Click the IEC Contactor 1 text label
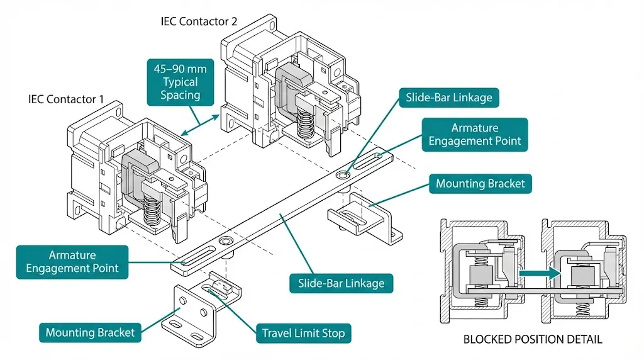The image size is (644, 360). pyautogui.click(x=66, y=99)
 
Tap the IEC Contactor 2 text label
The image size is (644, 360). pyautogui.click(x=199, y=21)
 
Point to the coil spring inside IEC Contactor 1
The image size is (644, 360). pyautogui.click(x=151, y=209)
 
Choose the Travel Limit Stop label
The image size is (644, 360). pyautogui.click(x=303, y=333)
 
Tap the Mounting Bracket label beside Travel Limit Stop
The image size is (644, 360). pyautogui.click(x=90, y=333)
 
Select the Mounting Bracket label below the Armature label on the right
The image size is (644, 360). pyautogui.click(x=480, y=184)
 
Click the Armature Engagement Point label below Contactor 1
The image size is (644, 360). pyautogui.click(x=73, y=262)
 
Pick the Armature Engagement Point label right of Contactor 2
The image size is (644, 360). pyautogui.click(x=475, y=135)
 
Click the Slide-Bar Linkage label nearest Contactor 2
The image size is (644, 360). pyautogui.click(x=449, y=98)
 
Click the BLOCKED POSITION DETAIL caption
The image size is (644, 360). pyautogui.click(x=532, y=339)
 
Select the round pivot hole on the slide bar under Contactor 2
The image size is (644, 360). pyautogui.click(x=343, y=174)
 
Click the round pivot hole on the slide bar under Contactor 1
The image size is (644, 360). pyautogui.click(x=225, y=241)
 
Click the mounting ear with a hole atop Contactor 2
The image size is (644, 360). pyautogui.click(x=272, y=26)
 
